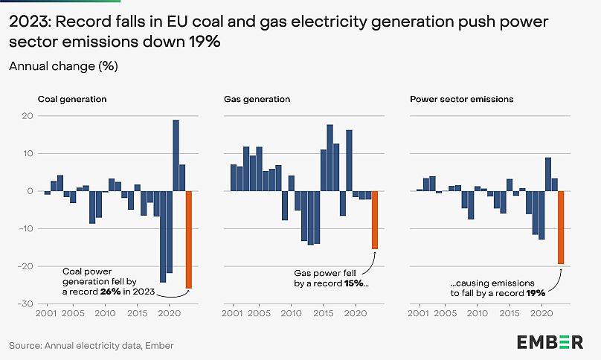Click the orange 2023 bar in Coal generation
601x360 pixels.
point(188,240)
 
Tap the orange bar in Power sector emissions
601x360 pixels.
point(561,227)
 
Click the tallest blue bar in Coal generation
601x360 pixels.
point(176,155)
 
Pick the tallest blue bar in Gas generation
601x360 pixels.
point(330,158)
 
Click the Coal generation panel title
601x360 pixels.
point(72,99)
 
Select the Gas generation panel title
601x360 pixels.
point(257,99)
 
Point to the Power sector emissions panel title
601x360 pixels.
point(451,99)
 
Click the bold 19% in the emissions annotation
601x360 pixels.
point(535,294)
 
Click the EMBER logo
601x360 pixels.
point(550,341)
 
